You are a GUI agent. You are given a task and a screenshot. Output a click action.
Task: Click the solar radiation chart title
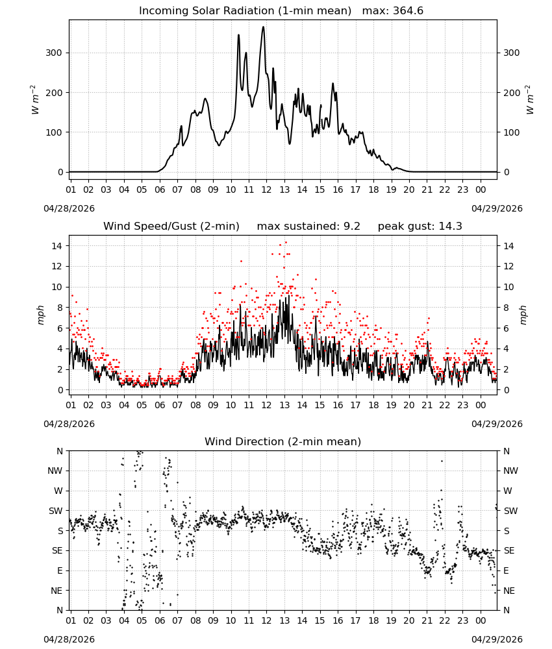pos(281,11)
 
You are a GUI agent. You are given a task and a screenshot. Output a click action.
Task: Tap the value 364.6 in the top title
pos(408,11)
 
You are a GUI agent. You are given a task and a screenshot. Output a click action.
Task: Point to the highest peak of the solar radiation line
pos(263,27)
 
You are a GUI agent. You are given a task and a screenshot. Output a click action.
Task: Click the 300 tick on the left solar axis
pos(54,53)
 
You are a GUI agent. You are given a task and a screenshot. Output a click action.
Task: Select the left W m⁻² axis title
pos(35,100)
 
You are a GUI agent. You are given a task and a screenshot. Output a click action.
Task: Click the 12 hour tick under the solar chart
pos(266,190)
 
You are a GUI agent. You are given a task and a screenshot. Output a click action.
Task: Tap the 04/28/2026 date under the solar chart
pos(69,208)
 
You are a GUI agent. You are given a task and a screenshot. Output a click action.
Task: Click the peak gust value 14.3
pos(450,227)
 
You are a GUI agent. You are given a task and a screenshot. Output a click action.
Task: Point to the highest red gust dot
pos(286,243)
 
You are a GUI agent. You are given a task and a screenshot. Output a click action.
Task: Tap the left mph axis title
pos(40,315)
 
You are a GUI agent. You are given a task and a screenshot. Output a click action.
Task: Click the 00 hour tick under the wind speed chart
pos(481,405)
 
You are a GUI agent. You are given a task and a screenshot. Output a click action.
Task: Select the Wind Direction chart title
pos(283,441)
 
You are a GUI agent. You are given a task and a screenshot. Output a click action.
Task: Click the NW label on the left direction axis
pos(55,471)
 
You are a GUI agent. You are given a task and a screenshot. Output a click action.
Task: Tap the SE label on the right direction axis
pos(509,551)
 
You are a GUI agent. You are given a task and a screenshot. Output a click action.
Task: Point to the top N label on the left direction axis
pos(60,451)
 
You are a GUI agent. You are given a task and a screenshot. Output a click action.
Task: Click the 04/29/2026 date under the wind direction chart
pos(497,639)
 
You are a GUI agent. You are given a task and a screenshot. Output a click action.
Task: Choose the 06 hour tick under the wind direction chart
pos(160,620)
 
